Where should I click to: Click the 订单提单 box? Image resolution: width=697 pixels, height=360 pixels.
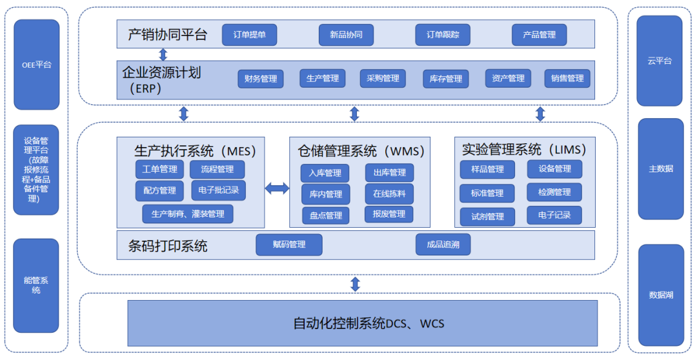coord(249,35)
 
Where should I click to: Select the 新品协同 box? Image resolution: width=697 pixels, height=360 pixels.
coord(346,35)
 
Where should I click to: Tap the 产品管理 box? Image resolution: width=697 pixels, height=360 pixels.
coord(539,35)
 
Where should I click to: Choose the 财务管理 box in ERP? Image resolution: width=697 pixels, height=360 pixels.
coord(261,79)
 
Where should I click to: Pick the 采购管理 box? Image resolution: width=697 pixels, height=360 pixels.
coord(383,79)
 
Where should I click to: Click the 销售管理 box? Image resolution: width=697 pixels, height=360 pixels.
coord(567,79)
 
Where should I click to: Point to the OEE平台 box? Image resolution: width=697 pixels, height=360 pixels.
coord(36,65)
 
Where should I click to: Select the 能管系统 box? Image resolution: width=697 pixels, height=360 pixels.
coord(36,285)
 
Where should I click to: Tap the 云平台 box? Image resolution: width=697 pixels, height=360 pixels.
coord(659,61)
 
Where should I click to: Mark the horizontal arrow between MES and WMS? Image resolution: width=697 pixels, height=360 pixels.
coord(277,188)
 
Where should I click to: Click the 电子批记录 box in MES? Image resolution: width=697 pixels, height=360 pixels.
coord(218,190)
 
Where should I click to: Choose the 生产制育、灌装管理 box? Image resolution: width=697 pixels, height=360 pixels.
coord(188,214)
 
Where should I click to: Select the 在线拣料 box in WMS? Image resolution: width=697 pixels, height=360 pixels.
coord(389,194)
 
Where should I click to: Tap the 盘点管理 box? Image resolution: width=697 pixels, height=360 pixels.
coord(325,215)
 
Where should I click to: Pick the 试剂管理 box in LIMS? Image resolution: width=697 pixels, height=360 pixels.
coord(487,217)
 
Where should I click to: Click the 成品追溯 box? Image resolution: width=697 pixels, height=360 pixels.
coord(443,245)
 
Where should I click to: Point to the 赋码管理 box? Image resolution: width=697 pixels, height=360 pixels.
coord(288,245)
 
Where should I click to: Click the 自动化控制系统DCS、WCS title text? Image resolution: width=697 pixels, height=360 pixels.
coord(369,323)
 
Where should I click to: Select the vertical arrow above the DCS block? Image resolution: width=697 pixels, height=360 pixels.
coord(354,284)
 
